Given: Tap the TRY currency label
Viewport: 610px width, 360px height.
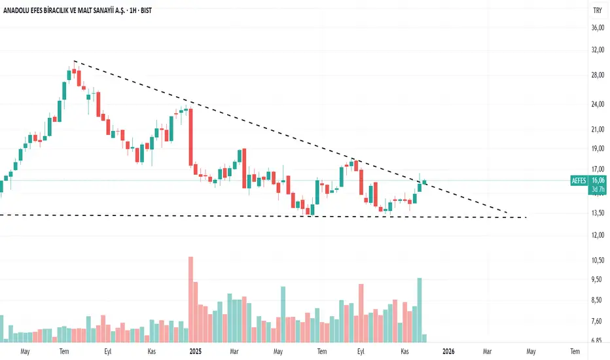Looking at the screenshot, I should (597, 10).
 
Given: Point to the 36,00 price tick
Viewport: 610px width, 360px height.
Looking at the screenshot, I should (597, 28).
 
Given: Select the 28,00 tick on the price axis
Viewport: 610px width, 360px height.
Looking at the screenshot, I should (597, 75).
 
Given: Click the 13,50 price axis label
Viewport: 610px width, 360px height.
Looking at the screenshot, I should (597, 213).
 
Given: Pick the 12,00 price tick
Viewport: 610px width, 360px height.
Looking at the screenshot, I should (597, 234).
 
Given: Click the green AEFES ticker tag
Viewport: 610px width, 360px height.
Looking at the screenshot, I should (578, 180).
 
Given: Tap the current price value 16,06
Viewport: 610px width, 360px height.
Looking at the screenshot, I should (598, 180).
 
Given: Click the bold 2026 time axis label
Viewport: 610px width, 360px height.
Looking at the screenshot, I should (448, 351).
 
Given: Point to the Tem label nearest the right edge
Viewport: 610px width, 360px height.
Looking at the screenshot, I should (575, 351).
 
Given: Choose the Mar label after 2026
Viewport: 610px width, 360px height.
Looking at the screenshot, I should (488, 351).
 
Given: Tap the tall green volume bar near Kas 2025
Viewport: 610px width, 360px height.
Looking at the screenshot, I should (419, 310).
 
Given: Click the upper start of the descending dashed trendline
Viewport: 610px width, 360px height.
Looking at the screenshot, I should (75, 61).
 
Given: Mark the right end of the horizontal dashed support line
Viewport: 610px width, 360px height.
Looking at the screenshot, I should (526, 217).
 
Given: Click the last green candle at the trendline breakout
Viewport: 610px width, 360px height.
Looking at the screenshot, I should (425, 182).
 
